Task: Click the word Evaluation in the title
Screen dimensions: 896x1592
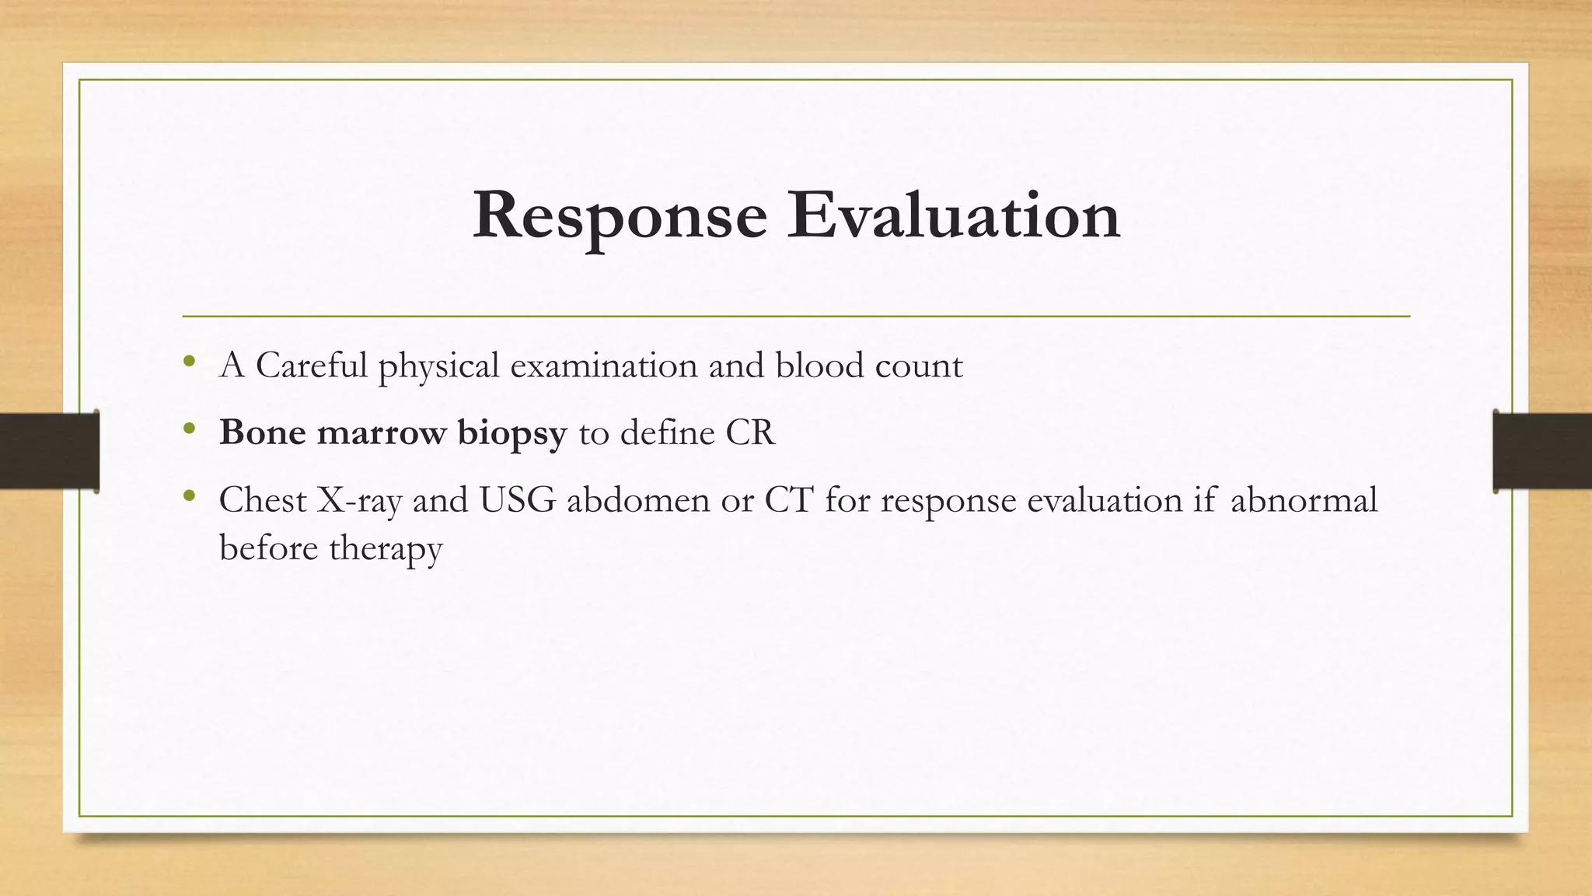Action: [953, 215]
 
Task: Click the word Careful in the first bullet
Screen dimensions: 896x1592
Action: [311, 366]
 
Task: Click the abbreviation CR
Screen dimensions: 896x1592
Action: [750, 433]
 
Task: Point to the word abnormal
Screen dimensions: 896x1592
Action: [1304, 500]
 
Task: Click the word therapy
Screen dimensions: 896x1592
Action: [386, 549]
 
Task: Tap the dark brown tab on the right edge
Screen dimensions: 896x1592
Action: [1542, 450]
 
